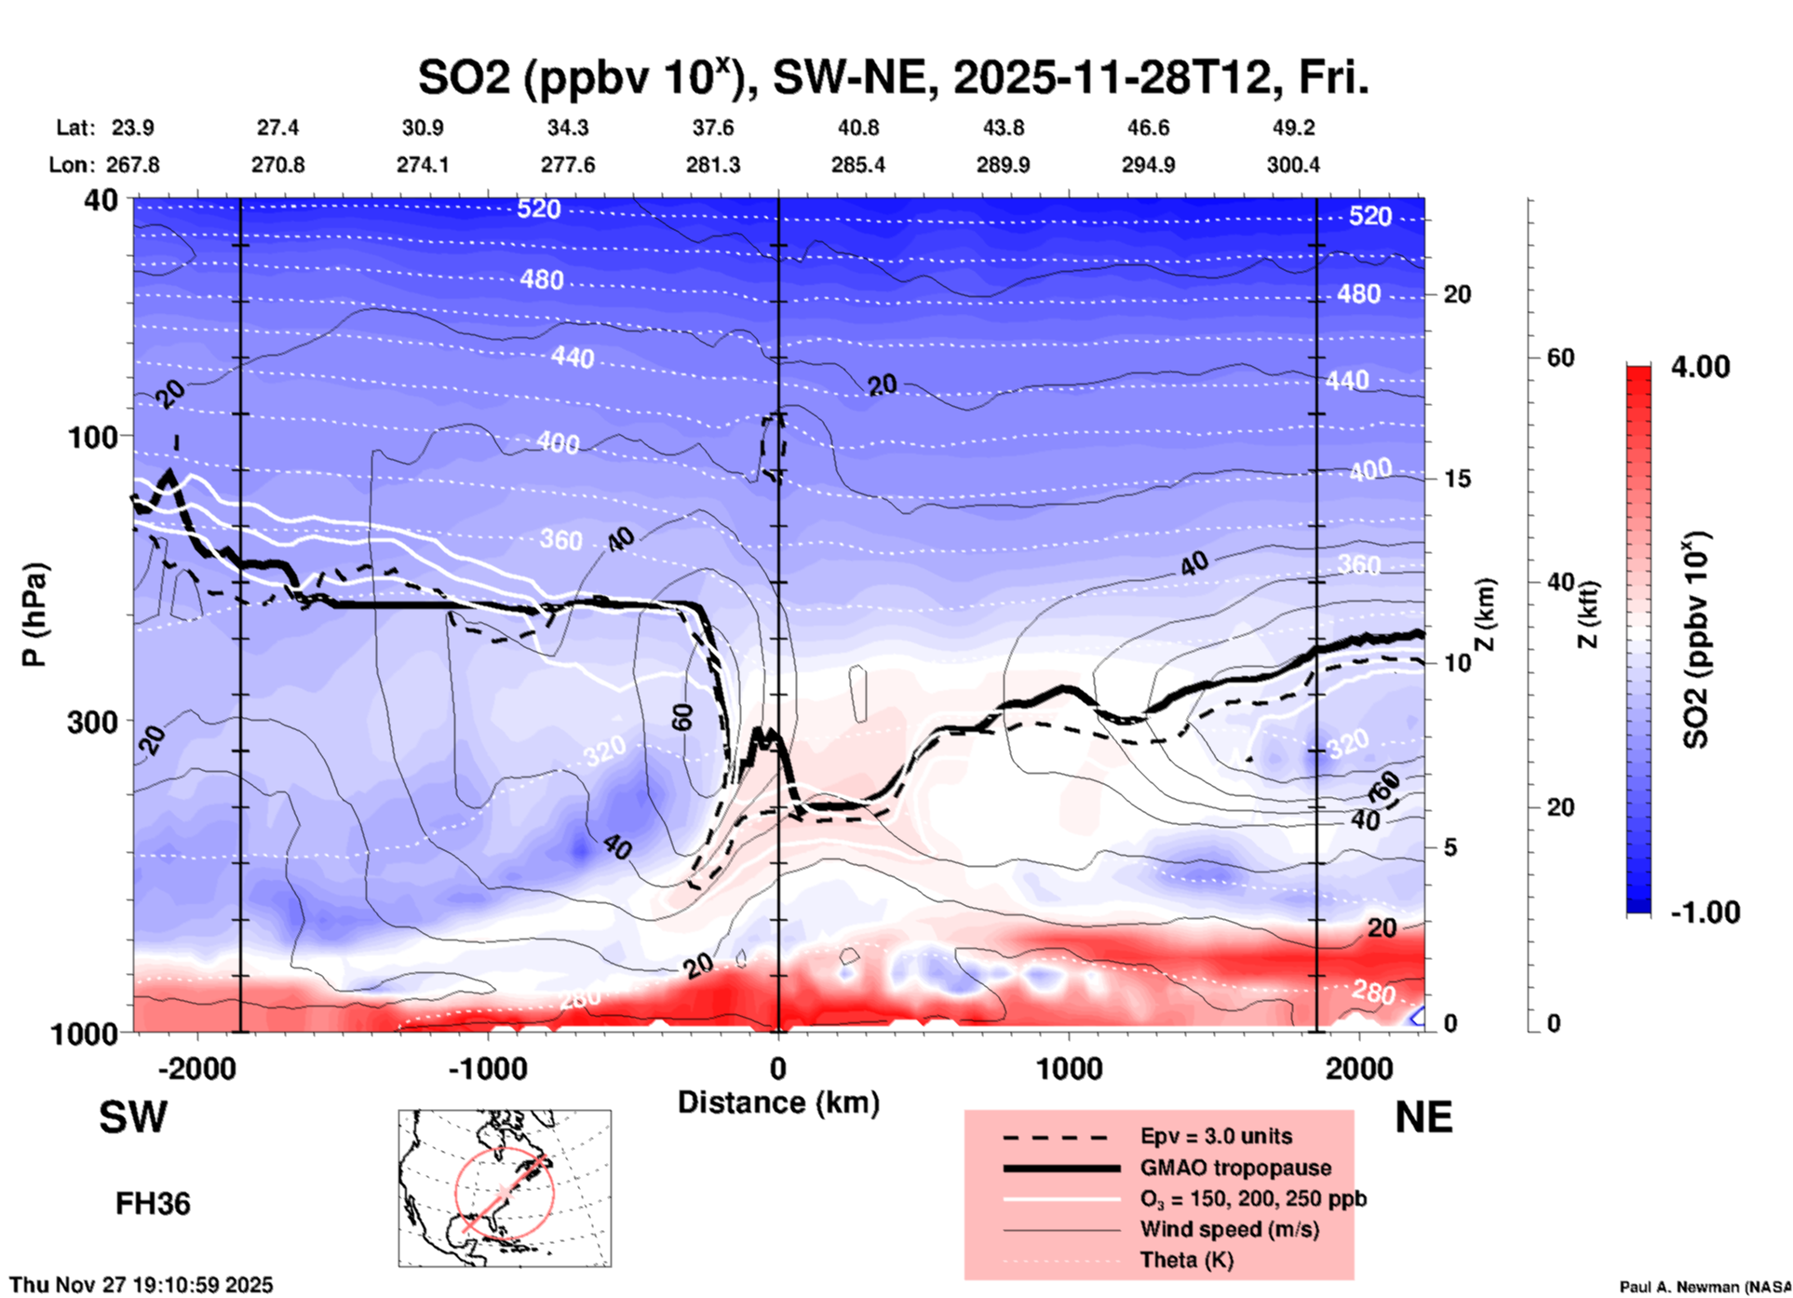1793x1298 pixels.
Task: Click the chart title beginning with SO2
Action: pos(893,77)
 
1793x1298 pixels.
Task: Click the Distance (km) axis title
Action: pos(778,1102)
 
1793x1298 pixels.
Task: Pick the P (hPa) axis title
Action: pos(34,615)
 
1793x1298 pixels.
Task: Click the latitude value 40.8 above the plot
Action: pos(857,128)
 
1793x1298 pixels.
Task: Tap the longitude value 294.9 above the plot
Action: pos(1148,165)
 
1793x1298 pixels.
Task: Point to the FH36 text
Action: pos(153,1204)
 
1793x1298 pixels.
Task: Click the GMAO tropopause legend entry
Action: pos(1235,1168)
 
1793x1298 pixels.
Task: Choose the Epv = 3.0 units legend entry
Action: pos(1215,1137)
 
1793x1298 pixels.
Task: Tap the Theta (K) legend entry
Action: pos(1186,1260)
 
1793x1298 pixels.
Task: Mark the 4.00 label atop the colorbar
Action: pos(1700,367)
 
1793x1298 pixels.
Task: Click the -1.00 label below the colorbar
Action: pos(1705,913)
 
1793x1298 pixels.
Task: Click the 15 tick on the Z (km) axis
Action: pos(1456,479)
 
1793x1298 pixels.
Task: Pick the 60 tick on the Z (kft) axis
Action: pos(1560,358)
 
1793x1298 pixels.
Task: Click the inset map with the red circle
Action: pos(505,1188)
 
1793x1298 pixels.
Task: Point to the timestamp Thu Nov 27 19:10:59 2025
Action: pos(142,1285)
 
